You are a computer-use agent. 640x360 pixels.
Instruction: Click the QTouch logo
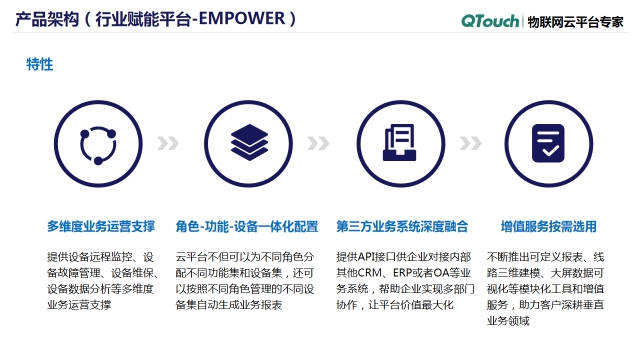click(490, 20)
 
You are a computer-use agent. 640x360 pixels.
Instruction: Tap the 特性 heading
click(40, 64)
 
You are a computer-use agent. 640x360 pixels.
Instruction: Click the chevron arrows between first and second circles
click(173, 143)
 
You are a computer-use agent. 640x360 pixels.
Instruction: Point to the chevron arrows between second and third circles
click(319, 143)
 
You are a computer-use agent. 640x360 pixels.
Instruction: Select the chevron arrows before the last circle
click(471, 143)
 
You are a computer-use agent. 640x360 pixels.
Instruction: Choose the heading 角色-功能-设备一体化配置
click(246, 226)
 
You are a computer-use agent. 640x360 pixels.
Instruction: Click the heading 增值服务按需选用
click(548, 226)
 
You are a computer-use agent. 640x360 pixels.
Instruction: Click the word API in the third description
click(370, 256)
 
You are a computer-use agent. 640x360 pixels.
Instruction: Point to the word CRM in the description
click(375, 272)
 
